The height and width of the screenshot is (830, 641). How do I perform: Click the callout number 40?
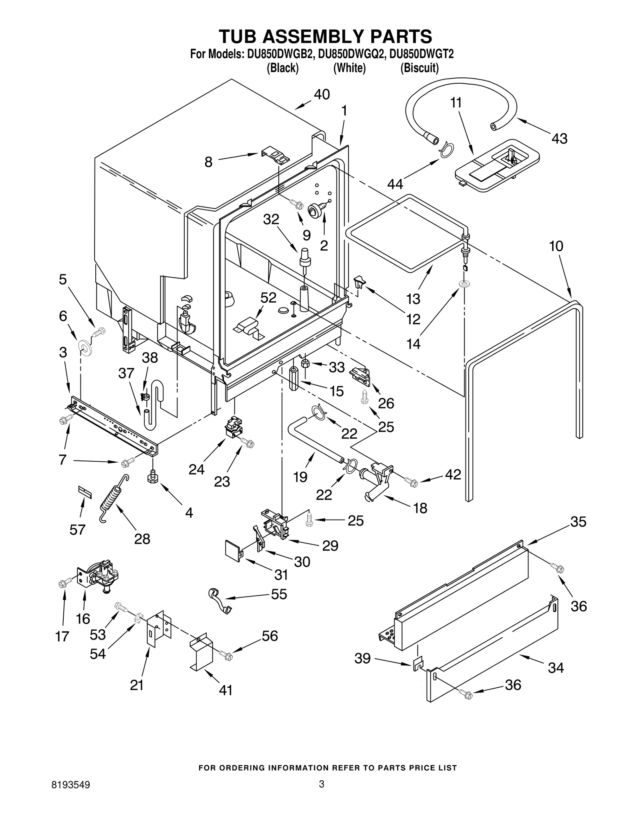[322, 95]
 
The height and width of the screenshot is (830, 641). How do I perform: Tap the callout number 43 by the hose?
[559, 139]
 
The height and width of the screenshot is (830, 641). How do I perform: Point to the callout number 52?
[268, 297]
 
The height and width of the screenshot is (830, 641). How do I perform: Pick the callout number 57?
[77, 529]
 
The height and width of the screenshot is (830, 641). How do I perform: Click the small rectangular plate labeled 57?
[85, 493]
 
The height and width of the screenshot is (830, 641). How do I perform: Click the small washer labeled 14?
[465, 284]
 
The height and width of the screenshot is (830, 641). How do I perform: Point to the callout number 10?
[556, 246]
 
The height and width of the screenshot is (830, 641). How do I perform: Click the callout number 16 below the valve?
[83, 619]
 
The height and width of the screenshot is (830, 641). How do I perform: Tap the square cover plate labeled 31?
[234, 551]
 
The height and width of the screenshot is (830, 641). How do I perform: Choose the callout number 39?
[363, 658]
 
